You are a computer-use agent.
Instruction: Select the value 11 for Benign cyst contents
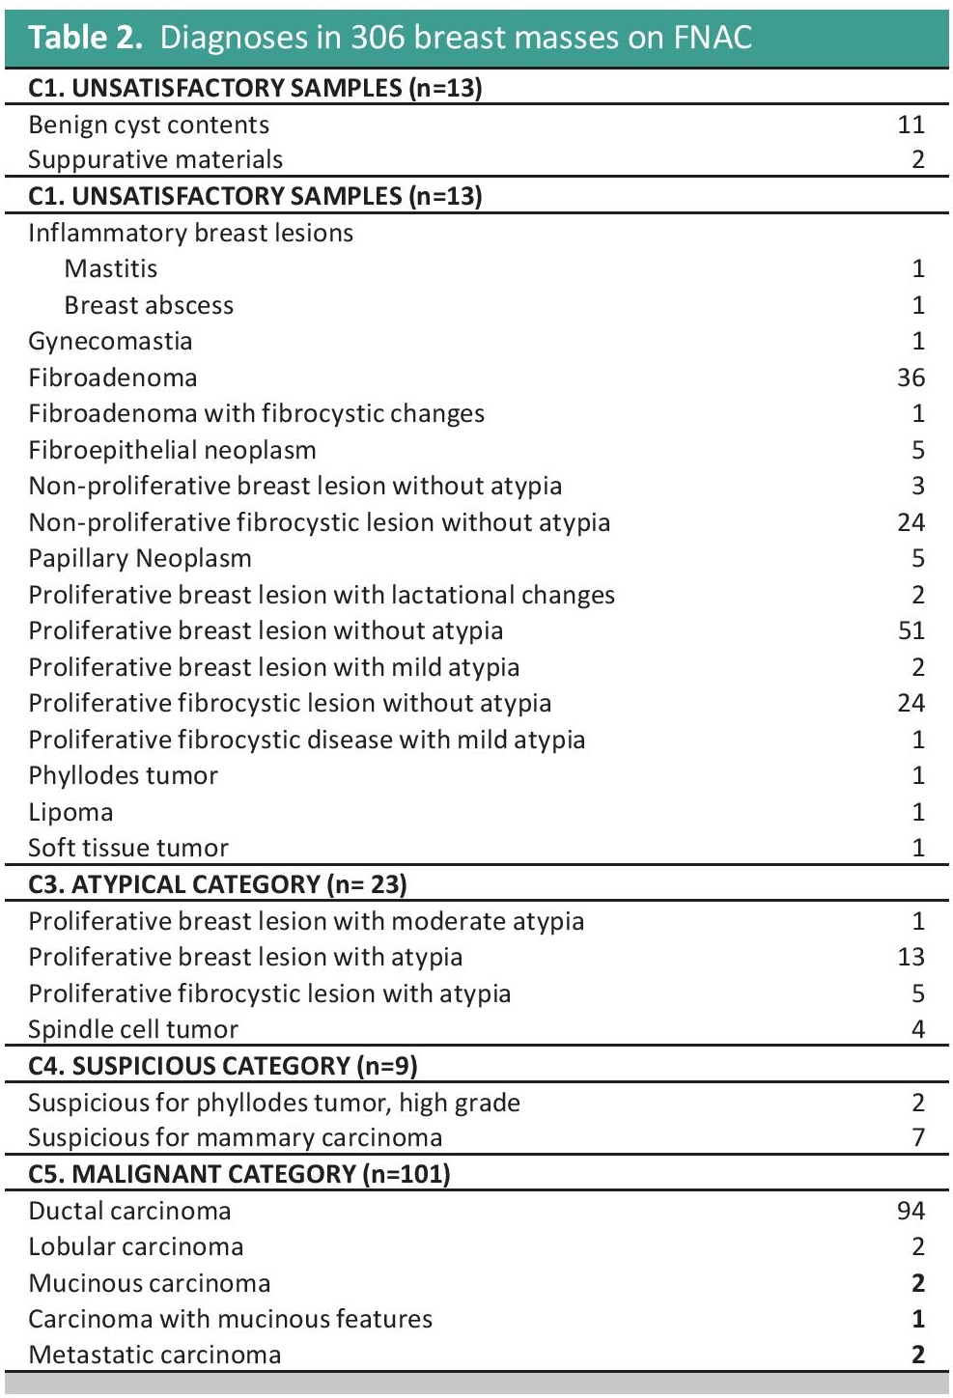pyautogui.click(x=911, y=125)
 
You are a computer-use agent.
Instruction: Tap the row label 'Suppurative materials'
pyautogui.click(x=155, y=160)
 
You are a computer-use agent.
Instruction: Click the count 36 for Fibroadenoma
pyautogui.click(x=911, y=377)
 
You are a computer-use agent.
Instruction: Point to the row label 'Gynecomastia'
pyautogui.click(x=110, y=342)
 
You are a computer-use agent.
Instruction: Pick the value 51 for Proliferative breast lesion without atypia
pyautogui.click(x=911, y=631)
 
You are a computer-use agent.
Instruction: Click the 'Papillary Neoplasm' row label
pyautogui.click(x=140, y=559)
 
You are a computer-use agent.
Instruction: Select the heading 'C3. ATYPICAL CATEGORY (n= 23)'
pyautogui.click(x=217, y=884)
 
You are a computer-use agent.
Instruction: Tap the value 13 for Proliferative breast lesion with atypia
pyautogui.click(x=911, y=957)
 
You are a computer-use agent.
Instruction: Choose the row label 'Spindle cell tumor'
pyautogui.click(x=133, y=1029)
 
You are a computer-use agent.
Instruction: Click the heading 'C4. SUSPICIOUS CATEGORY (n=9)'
pyautogui.click(x=222, y=1066)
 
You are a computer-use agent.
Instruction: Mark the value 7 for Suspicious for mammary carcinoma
pyautogui.click(x=917, y=1138)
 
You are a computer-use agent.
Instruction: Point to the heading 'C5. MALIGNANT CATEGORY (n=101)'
pyautogui.click(x=239, y=1174)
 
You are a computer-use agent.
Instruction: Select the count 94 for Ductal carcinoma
pyautogui.click(x=911, y=1211)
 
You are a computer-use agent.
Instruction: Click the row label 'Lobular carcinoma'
pyautogui.click(x=136, y=1246)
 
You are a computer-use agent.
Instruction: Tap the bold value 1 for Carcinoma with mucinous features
pyautogui.click(x=918, y=1319)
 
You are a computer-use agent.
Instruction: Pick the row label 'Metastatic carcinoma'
pyautogui.click(x=154, y=1355)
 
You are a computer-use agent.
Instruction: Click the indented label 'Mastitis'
pyautogui.click(x=111, y=269)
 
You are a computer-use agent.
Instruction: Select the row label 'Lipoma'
pyautogui.click(x=70, y=812)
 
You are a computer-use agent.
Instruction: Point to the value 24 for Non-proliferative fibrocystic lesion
pyautogui.click(x=911, y=522)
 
